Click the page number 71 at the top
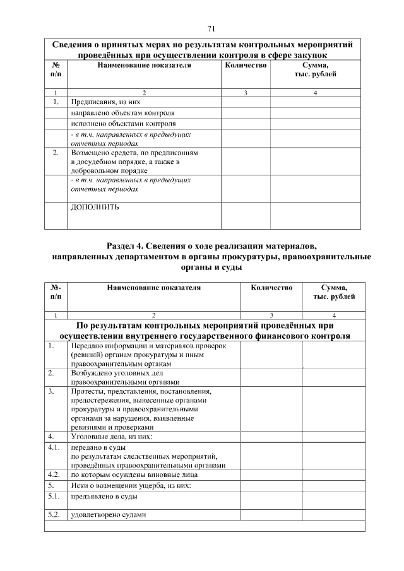point(211,28)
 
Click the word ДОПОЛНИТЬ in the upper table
point(95,207)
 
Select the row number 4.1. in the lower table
point(54,447)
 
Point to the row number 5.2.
point(54,514)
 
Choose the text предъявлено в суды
point(105,497)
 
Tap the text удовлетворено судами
point(108,514)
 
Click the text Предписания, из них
point(105,102)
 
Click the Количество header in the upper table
point(246,66)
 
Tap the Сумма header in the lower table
point(334,288)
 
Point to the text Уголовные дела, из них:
point(112,436)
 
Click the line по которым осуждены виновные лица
point(134,474)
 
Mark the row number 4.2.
point(54,474)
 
